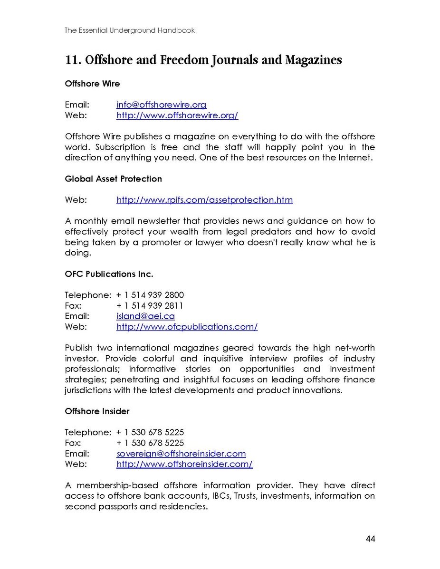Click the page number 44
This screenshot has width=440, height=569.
(371, 539)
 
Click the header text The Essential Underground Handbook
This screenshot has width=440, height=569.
(130, 30)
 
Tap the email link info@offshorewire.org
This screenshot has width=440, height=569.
(161, 105)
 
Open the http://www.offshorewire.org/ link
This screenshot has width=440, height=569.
(177, 115)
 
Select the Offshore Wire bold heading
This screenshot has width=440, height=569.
(92, 84)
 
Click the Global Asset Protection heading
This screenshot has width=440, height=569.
(113, 179)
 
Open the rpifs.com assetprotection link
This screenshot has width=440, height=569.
(204, 200)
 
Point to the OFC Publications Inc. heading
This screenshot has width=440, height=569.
(109, 274)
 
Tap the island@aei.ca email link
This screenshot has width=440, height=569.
(145, 316)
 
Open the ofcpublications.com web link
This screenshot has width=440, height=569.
(187, 327)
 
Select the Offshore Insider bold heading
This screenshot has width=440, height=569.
(97, 411)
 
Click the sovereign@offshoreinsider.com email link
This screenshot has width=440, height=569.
(181, 454)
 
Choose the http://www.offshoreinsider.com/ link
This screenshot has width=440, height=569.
(184, 464)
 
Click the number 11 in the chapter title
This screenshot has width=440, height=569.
(72, 61)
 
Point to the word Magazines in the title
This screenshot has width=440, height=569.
(313, 61)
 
